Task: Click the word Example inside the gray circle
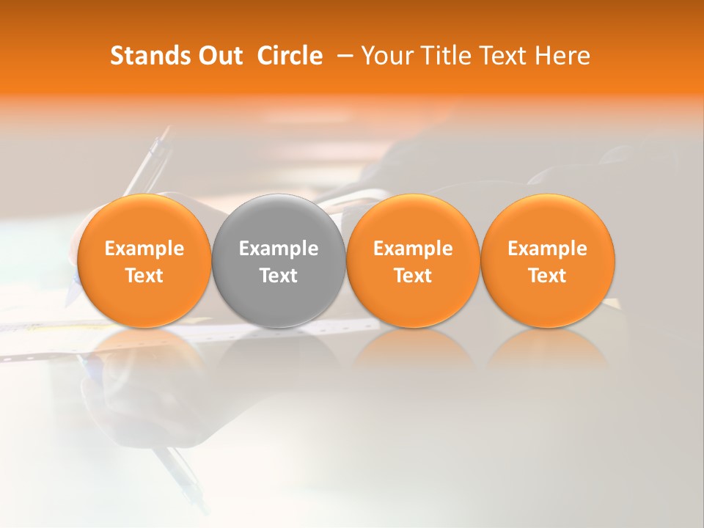point(279,249)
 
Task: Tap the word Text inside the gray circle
point(279,276)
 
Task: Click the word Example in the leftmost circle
point(144,249)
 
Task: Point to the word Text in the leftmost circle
point(144,276)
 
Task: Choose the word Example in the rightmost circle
point(547,249)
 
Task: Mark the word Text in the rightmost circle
point(547,276)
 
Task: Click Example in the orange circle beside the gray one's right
point(413,249)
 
